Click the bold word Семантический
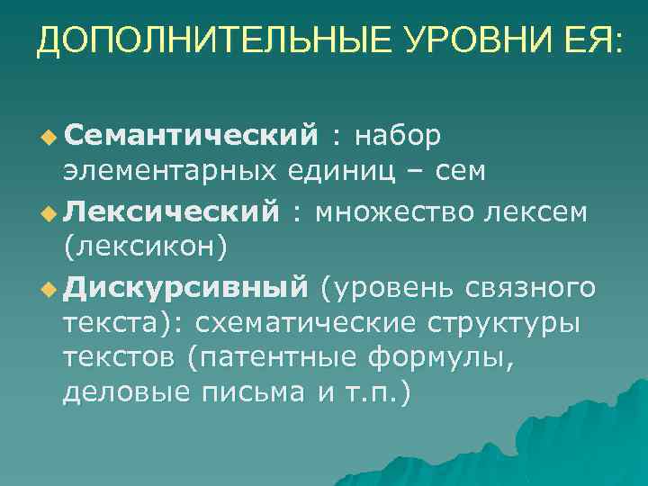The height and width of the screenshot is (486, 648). point(191,135)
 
